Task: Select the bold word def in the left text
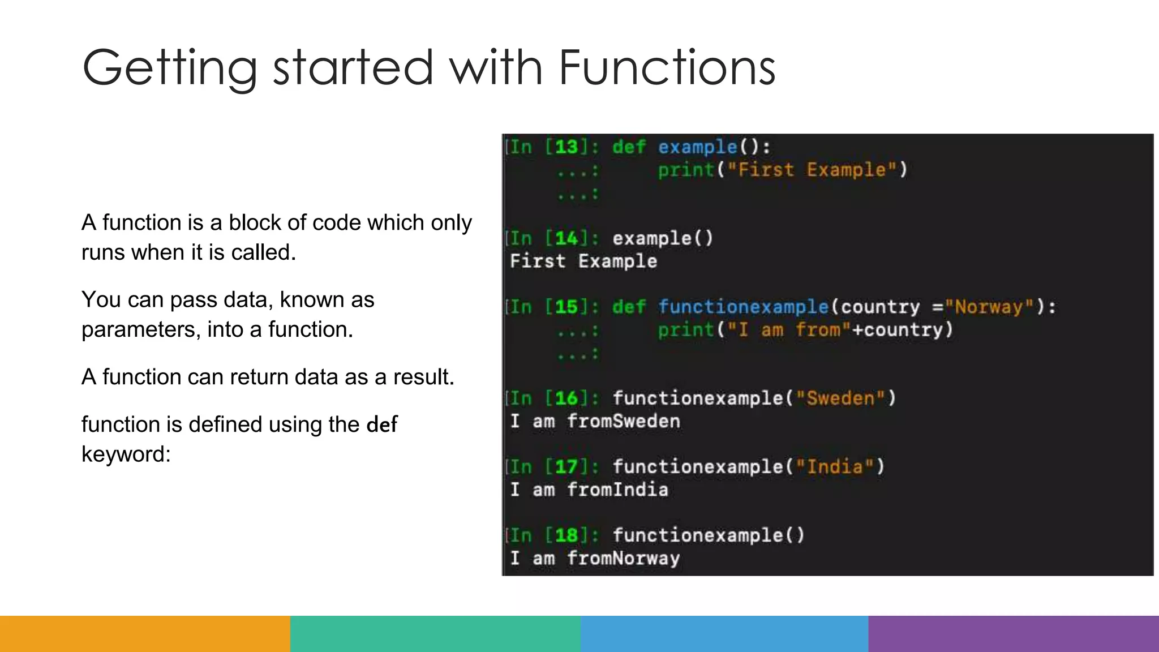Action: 382,424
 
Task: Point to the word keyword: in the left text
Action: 126,454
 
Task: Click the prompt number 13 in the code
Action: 566,147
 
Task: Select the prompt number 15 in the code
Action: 566,307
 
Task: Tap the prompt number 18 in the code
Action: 566,535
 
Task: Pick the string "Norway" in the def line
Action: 989,307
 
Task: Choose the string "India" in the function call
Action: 835,467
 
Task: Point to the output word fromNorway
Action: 623,559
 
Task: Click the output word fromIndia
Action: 617,490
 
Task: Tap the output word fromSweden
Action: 623,422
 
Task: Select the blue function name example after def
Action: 697,147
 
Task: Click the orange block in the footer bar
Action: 145,634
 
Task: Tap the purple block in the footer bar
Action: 1014,634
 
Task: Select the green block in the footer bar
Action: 435,634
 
